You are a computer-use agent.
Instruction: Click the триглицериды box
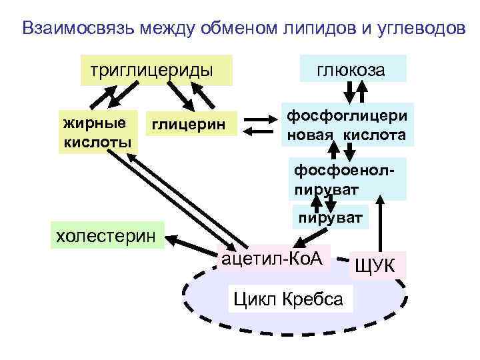click(156, 70)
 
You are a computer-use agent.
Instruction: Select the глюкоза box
click(360, 70)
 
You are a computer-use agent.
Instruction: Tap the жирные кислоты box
click(96, 132)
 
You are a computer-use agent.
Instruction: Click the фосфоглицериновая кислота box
click(346, 125)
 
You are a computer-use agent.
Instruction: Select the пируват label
click(331, 218)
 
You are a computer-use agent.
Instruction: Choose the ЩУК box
click(375, 267)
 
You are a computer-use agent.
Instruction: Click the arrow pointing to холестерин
click(193, 240)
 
